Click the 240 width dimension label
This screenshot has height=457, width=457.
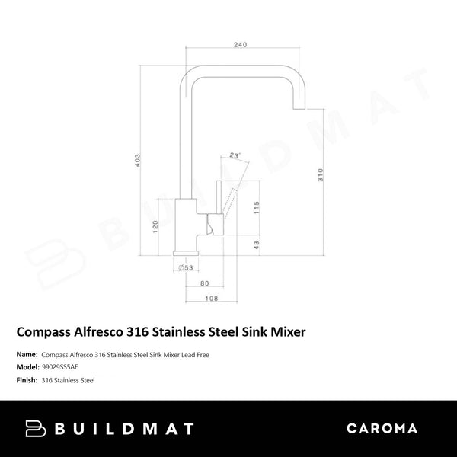[x=240, y=44]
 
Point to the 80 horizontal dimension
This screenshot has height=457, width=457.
[x=204, y=283]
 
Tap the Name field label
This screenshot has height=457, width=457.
[x=25, y=354]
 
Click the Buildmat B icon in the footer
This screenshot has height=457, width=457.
[x=36, y=429]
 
